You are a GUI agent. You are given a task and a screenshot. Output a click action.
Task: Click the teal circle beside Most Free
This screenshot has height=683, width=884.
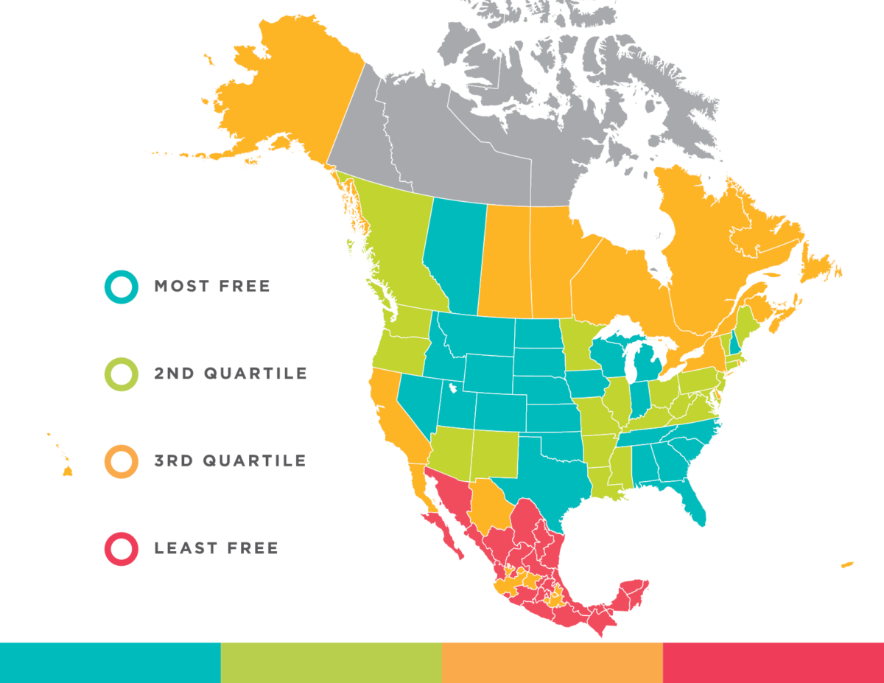121,286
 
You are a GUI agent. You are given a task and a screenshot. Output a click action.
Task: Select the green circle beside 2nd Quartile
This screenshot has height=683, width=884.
121,374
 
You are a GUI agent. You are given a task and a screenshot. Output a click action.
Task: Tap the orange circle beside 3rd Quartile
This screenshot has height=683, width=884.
121,461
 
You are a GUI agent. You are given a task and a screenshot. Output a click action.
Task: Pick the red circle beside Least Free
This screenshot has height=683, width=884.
121,549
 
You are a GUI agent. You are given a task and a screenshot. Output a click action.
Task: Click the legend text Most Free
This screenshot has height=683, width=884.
212,286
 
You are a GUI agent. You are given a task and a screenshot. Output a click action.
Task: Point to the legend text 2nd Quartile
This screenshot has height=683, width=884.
230,374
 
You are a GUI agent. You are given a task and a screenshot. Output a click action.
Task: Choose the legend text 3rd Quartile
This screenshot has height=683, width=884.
230,461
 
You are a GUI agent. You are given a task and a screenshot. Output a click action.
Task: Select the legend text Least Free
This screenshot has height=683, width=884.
216,549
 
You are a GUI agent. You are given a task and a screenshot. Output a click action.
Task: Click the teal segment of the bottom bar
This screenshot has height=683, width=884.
110,662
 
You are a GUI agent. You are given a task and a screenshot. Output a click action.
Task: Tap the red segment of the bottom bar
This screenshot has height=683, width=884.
773,662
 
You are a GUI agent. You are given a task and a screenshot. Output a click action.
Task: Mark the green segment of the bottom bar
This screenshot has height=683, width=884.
331,662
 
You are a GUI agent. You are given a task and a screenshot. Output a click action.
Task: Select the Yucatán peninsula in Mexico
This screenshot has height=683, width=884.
634,594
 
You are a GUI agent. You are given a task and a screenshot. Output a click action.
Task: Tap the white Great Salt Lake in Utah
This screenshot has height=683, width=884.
450,387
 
